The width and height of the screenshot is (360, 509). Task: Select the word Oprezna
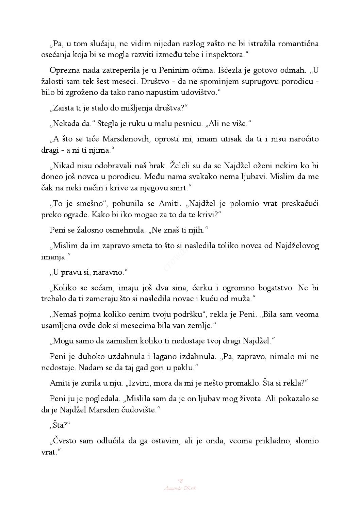63,70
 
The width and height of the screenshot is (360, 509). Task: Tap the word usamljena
58,325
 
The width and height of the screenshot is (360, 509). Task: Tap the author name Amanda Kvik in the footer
180,488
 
